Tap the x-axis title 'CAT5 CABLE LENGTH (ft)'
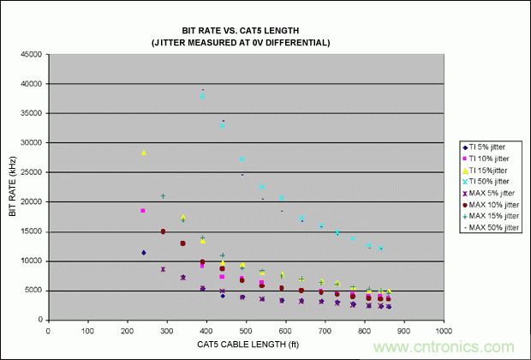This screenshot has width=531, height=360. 245,345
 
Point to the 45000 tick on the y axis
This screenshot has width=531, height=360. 33,54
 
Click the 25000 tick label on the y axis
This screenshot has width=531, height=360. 33,172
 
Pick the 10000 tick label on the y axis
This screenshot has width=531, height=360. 33,261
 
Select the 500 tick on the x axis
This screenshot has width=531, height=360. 246,329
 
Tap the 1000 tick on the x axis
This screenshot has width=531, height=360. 443,329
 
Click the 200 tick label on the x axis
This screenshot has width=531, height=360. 127,329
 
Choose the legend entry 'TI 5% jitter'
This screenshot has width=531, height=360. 492,147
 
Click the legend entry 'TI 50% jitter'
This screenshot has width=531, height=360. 493,183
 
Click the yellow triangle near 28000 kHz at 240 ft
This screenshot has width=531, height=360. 144,153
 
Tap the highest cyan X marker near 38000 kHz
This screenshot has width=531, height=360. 203,96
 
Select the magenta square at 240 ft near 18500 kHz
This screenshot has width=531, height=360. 143,210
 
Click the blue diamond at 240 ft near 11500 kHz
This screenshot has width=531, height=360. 143,252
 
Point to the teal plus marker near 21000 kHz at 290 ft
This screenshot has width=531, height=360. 163,196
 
